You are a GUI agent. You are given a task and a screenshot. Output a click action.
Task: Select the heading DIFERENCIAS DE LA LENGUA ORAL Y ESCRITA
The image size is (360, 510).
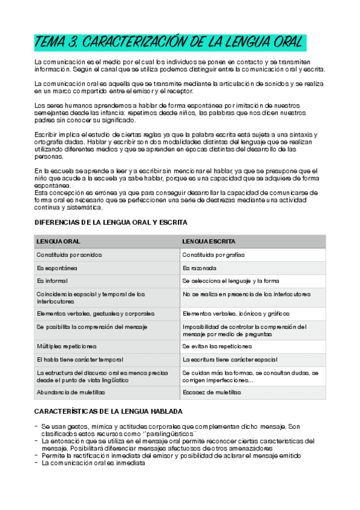point(111,223)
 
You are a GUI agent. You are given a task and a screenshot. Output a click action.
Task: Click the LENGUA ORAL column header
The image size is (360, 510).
point(59,241)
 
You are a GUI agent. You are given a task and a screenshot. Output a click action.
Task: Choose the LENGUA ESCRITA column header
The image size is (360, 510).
point(209,241)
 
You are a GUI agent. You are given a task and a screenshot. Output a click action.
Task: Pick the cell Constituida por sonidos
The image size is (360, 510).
point(69,254)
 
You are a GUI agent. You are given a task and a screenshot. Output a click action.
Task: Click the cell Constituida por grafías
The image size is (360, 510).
point(213,254)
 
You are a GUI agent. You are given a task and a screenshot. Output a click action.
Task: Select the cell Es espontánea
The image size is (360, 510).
point(56,268)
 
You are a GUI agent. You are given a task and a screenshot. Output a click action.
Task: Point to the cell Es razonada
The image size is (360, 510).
point(199,268)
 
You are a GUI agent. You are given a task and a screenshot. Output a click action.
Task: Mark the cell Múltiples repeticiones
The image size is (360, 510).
point(67,346)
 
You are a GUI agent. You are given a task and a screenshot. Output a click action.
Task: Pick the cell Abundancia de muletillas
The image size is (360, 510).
point(71,392)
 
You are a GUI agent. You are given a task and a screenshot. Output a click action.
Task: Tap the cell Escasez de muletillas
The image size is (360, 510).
point(212,392)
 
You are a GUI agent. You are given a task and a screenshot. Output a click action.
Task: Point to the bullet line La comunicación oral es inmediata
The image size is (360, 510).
point(93,463)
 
